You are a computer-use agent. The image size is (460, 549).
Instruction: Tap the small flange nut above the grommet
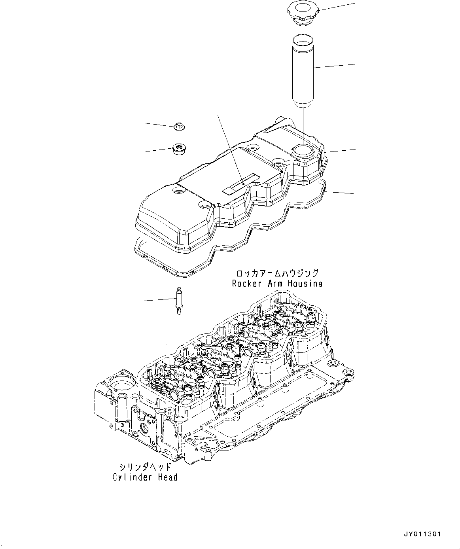[180, 127]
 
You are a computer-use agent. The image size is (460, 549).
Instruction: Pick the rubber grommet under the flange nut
[179, 150]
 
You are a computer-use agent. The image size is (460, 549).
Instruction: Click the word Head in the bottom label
[168, 477]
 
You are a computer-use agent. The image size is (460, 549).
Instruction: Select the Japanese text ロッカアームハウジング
[277, 273]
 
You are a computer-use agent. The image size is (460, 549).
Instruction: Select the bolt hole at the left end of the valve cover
[179, 191]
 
